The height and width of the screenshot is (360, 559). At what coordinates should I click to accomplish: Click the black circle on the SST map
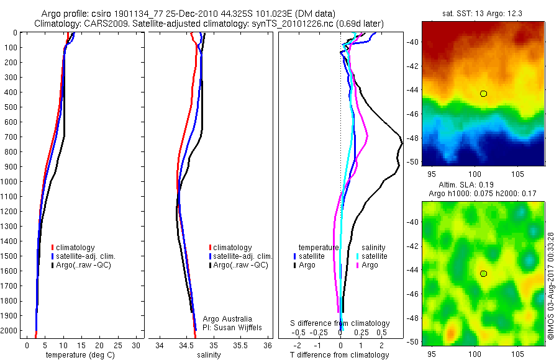click(x=483, y=94)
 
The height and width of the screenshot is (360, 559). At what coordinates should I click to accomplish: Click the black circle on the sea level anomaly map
click(x=483, y=274)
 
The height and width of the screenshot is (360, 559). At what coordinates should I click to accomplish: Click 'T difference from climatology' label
click(x=339, y=355)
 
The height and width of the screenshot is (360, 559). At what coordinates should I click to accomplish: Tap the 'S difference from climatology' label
click(x=340, y=323)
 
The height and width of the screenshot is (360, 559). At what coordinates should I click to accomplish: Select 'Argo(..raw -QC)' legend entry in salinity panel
click(x=240, y=265)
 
